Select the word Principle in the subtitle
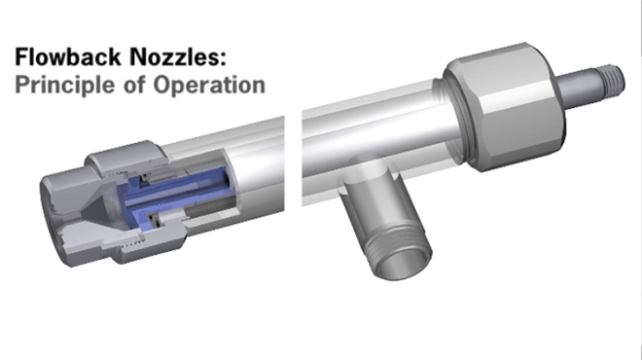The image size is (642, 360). [57, 85]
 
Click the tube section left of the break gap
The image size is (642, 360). [233, 185]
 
